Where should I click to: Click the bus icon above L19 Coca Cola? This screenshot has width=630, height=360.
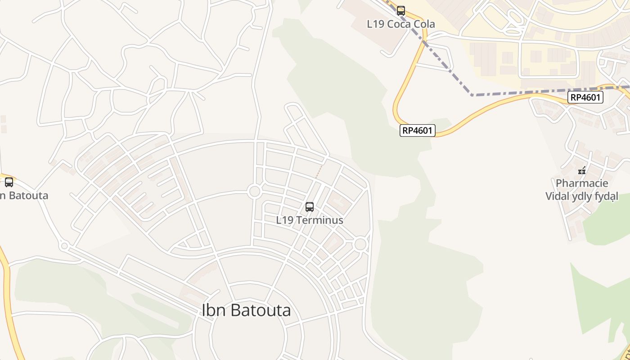tap(400, 10)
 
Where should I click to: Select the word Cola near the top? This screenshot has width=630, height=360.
tap(423, 24)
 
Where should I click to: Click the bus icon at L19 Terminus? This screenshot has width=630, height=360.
tap(310, 207)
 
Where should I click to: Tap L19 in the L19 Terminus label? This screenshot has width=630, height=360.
tap(284, 220)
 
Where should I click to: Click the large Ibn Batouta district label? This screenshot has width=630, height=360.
tap(246, 310)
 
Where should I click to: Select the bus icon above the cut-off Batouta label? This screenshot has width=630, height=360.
tap(9, 182)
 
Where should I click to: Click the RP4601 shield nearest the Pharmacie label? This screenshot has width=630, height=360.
tap(585, 97)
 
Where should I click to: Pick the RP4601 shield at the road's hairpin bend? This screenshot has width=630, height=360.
tap(417, 130)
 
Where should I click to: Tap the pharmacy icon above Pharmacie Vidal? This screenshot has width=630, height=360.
tap(582, 171)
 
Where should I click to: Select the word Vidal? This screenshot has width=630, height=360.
tap(558, 196)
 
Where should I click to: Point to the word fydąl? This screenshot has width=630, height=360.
tap(605, 196)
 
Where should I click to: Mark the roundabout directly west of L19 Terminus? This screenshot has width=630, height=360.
tap(254, 192)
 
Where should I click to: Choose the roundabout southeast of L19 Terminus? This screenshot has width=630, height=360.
tap(360, 244)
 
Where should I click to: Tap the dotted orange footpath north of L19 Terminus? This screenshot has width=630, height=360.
tap(319, 171)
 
